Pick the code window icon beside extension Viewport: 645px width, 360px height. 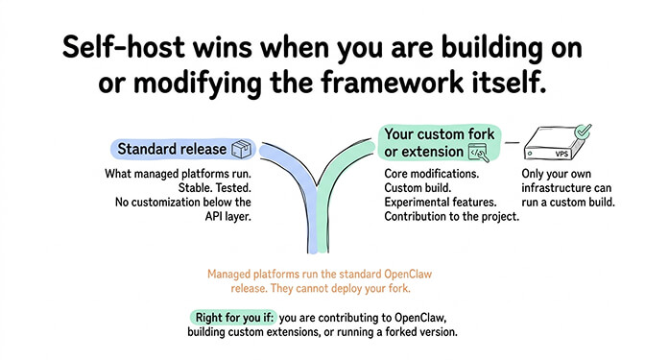pyautogui.click(x=477, y=152)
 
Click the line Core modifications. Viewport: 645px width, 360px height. pyautogui.click(x=429, y=174)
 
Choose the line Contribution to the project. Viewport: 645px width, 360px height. pyautogui.click(x=450, y=217)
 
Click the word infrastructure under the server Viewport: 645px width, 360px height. pyautogui.click(x=563, y=188)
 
